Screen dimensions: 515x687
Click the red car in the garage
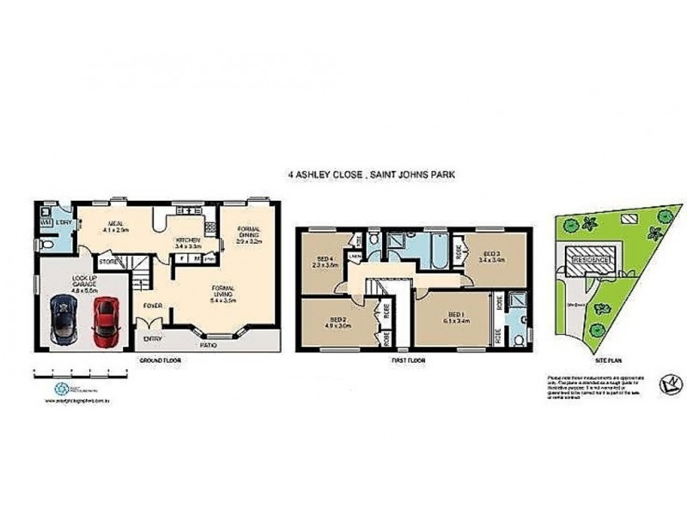pyautogui.click(x=103, y=320)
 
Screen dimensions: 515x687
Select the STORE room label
pyautogui.click(x=107, y=261)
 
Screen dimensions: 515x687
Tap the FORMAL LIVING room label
pyautogui.click(x=226, y=294)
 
